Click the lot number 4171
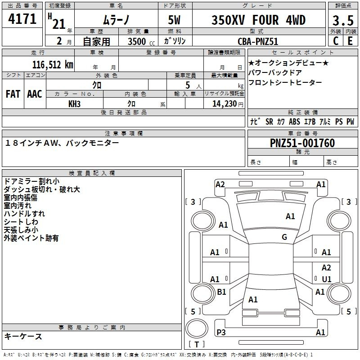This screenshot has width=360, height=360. [22, 19]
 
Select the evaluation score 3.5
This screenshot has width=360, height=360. [342, 21]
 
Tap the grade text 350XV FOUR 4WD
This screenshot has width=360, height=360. [258, 20]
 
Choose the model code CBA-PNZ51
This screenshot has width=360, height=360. [258, 41]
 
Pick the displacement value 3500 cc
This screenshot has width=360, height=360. [136, 41]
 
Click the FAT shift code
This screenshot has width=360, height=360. [13, 94]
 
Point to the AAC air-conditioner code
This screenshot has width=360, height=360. [34, 94]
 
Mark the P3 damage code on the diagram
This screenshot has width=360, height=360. [221, 332]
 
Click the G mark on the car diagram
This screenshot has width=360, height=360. [284, 237]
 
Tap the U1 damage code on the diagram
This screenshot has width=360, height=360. [326, 279]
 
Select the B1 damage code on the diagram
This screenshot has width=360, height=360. [221, 292]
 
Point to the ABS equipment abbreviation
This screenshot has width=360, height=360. [294, 121]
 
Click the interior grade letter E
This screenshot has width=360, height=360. [350, 41]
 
